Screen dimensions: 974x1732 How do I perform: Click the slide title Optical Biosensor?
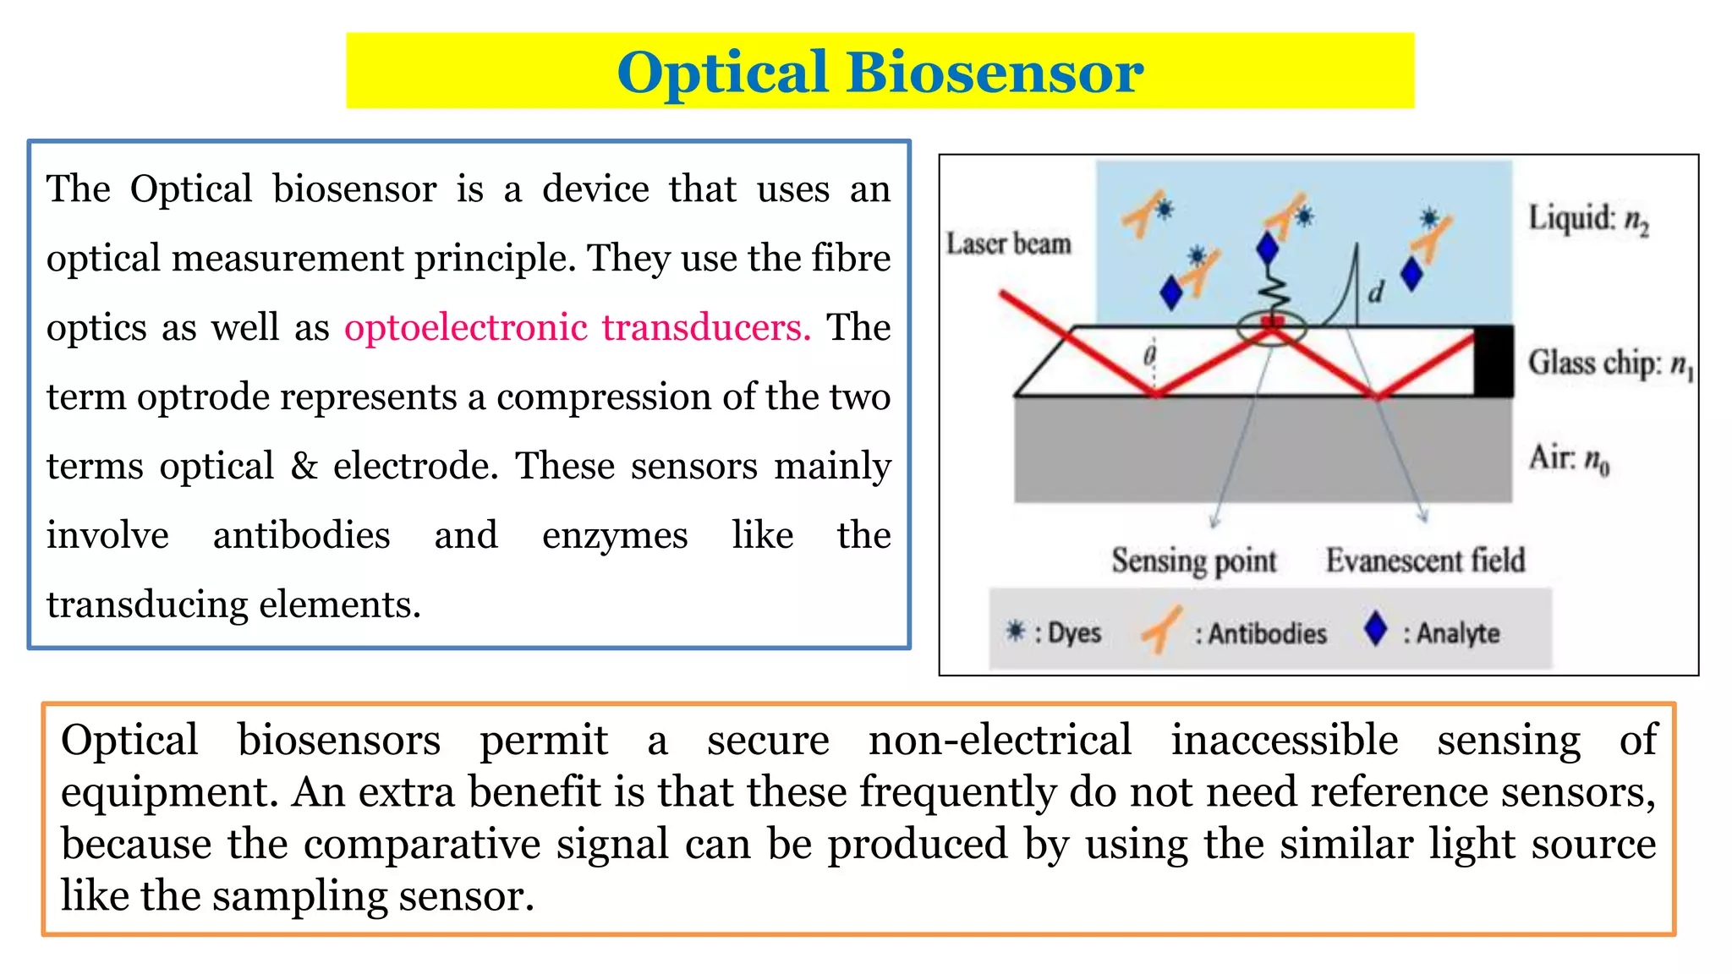tap(880, 72)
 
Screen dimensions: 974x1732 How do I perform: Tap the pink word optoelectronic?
tap(466, 327)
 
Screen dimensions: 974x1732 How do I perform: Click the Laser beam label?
tap(1008, 243)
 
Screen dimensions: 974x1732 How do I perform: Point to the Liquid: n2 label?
tap(1588, 219)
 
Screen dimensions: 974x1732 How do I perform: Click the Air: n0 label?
tap(1569, 458)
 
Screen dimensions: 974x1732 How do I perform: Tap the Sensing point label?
tap(1193, 561)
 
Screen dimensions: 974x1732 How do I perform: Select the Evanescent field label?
tap(1425, 561)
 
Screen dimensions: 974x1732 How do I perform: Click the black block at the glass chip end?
tap(1494, 361)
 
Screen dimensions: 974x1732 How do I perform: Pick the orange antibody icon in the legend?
tap(1162, 630)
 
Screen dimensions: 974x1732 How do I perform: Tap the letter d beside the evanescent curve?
tap(1376, 293)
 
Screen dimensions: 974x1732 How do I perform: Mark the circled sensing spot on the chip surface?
tap(1272, 327)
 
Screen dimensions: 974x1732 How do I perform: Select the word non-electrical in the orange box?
tap(1000, 740)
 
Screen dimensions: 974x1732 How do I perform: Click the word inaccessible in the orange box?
tap(1285, 740)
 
